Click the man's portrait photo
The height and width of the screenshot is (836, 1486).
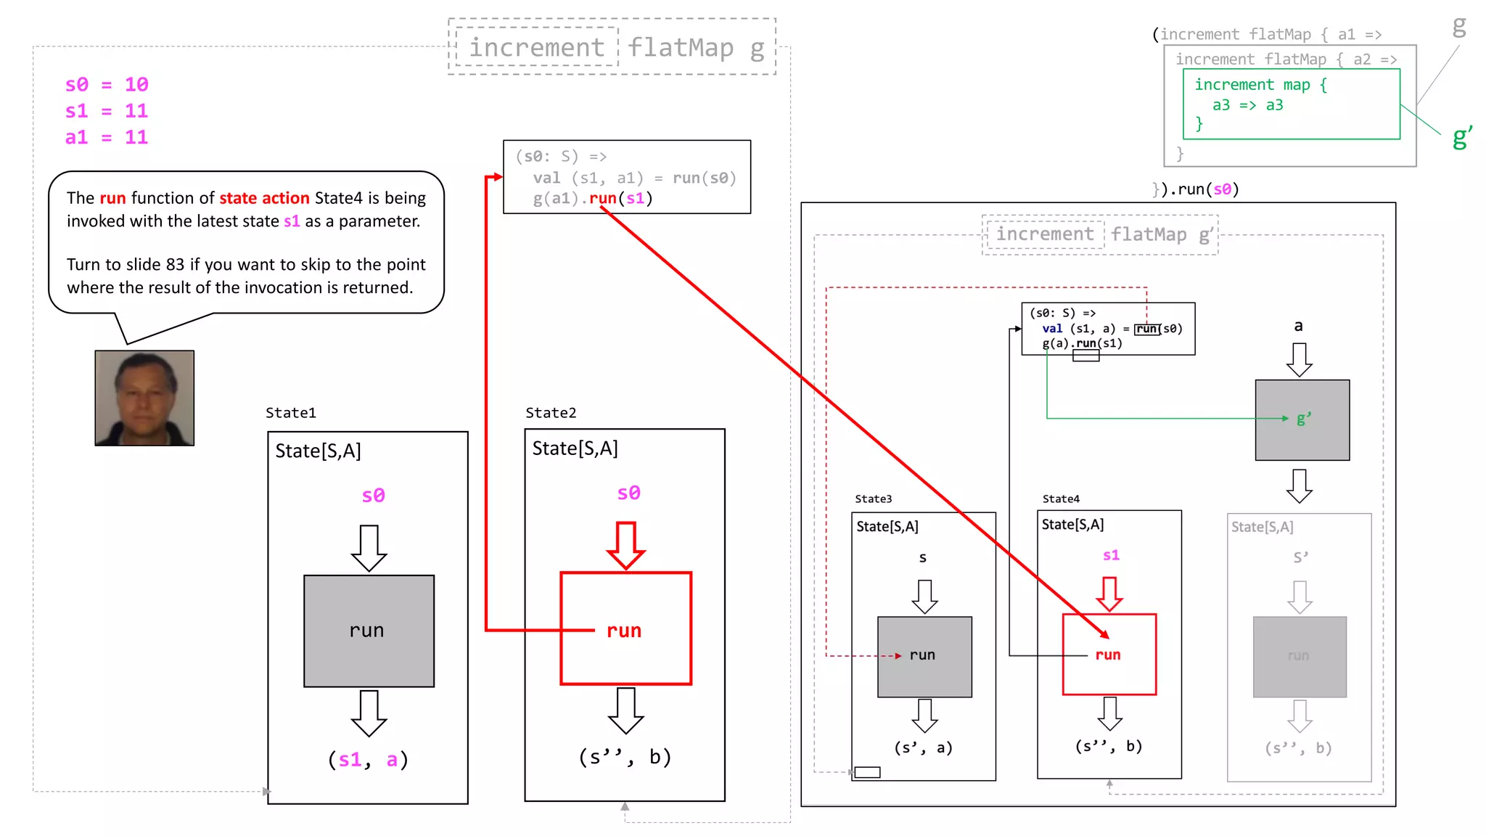[144, 398]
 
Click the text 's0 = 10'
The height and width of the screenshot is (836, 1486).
[107, 85]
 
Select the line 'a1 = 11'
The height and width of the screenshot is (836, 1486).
[107, 137]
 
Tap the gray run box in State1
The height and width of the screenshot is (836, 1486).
[369, 631]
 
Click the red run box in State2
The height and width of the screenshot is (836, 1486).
[625, 628]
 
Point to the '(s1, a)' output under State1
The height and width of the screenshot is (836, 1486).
[369, 760]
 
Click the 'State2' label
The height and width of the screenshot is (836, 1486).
[551, 413]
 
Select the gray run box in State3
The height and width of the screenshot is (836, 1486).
[924, 657]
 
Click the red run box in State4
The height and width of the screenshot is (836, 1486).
[1109, 655]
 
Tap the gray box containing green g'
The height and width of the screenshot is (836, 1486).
[1302, 419]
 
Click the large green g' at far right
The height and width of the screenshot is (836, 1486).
[1461, 137]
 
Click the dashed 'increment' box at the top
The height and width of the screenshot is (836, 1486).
[537, 47]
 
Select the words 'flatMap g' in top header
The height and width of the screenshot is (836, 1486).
[696, 48]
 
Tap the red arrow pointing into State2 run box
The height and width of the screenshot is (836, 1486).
[625, 544]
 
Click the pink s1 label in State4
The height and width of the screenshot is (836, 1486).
[1111, 555]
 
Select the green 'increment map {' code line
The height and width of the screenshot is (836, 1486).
[1260, 85]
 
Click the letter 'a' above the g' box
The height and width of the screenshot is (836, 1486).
[1298, 326]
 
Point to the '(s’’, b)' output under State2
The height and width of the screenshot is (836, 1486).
[625, 757]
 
